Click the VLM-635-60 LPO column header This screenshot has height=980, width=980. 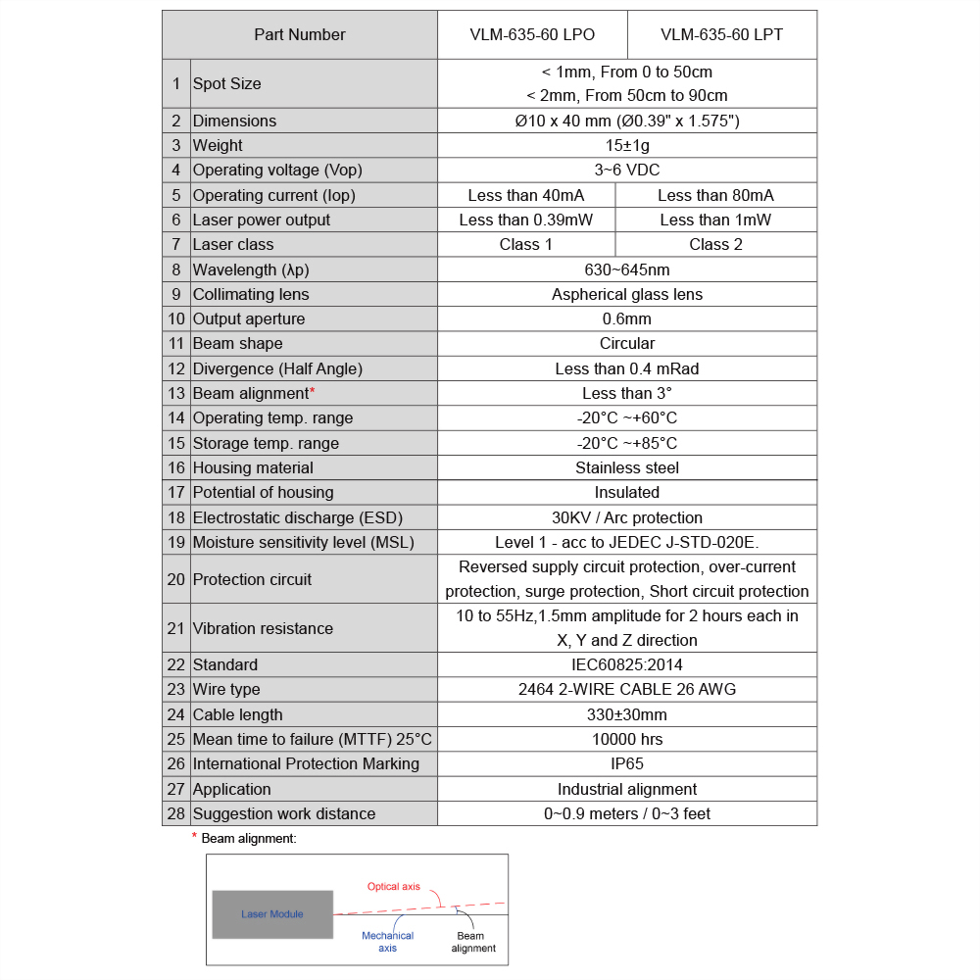pyautogui.click(x=531, y=35)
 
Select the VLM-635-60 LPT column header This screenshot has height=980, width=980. pyautogui.click(x=721, y=35)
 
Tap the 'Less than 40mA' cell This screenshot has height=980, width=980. pyautogui.click(x=526, y=195)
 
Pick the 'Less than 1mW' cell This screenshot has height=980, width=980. pyautogui.click(x=715, y=220)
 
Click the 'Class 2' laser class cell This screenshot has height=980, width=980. pyautogui.click(x=715, y=244)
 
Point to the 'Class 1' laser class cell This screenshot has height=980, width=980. pyautogui.click(x=526, y=244)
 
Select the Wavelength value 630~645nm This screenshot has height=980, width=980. pyautogui.click(x=626, y=269)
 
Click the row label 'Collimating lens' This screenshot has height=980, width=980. pyautogui.click(x=251, y=294)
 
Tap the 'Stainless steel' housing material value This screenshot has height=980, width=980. pyautogui.click(x=626, y=467)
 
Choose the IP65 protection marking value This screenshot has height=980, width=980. pyautogui.click(x=626, y=763)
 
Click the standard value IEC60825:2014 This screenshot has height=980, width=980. pyautogui.click(x=626, y=664)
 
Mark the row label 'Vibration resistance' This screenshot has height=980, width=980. pyautogui.click(x=263, y=628)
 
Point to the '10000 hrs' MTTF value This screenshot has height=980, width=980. pyautogui.click(x=626, y=739)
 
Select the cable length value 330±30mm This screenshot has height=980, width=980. pyautogui.click(x=626, y=714)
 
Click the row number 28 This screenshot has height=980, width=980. pyautogui.click(x=176, y=813)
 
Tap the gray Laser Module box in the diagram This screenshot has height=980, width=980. pyautogui.click(x=272, y=914)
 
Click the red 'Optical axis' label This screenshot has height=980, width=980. pyautogui.click(x=394, y=887)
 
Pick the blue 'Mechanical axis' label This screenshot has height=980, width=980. pyautogui.click(x=387, y=942)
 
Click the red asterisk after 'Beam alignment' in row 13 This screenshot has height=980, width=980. pyautogui.click(x=312, y=392)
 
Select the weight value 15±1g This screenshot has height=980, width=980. pyautogui.click(x=626, y=145)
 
